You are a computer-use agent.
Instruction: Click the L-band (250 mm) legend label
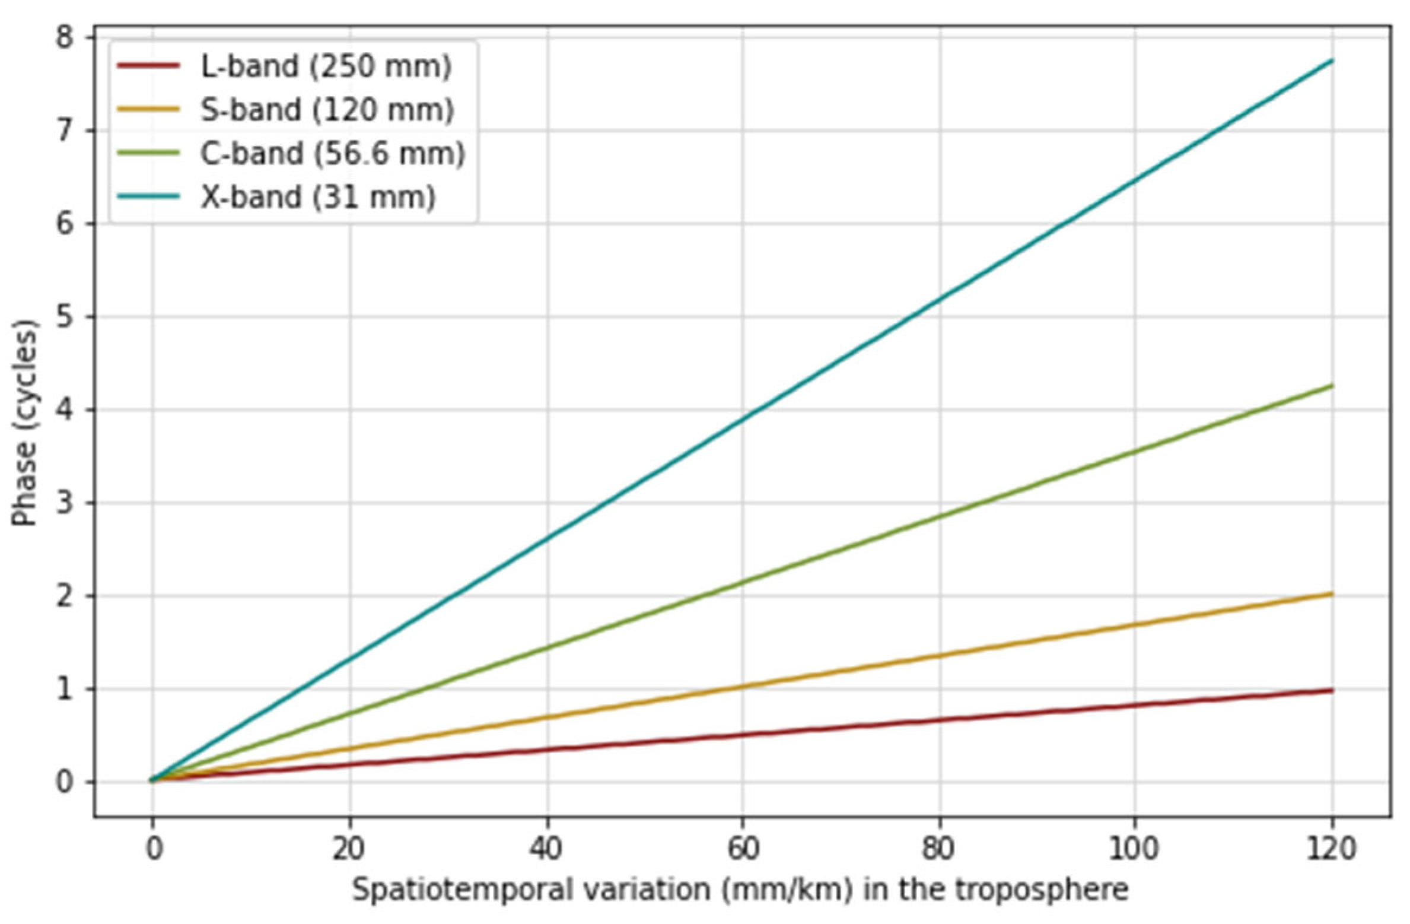pyautogui.click(x=326, y=66)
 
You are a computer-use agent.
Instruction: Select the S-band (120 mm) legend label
pyautogui.click(x=327, y=110)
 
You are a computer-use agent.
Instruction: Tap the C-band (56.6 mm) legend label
pyautogui.click(x=332, y=154)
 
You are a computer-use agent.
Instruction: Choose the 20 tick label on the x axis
pyautogui.click(x=349, y=849)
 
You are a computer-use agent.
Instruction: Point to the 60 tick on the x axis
pyautogui.click(x=743, y=849)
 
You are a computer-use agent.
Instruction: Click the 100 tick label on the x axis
pyautogui.click(x=1134, y=849)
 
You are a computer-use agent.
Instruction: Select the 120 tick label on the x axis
pyautogui.click(x=1332, y=849)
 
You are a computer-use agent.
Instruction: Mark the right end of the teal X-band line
pyautogui.click(x=1332, y=61)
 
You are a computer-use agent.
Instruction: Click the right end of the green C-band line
pyautogui.click(x=1332, y=386)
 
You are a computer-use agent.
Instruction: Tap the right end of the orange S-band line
pyautogui.click(x=1332, y=593)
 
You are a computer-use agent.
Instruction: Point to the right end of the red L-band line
pyautogui.click(x=1332, y=690)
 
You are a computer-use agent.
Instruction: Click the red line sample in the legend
pyautogui.click(x=148, y=66)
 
